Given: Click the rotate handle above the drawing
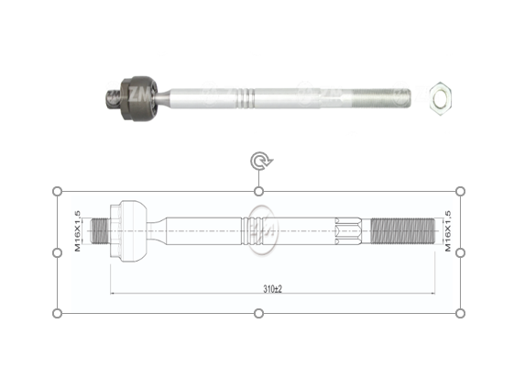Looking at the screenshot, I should point(259,162).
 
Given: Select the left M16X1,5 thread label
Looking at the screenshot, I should point(78,230).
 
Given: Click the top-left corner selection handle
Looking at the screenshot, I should point(58,191).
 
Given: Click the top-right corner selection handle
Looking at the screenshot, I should point(460,191).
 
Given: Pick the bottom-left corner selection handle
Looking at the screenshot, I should point(58,313).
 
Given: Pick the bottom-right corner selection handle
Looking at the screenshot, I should point(460,313).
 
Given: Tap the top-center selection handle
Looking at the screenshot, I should point(259,191).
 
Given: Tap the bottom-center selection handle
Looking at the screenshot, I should point(259,313).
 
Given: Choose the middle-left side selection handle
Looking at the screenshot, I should point(58,251).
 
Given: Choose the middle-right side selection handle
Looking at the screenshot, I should point(460,251).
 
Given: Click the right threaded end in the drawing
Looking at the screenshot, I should point(400,229).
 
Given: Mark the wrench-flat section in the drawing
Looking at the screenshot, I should point(351,229).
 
